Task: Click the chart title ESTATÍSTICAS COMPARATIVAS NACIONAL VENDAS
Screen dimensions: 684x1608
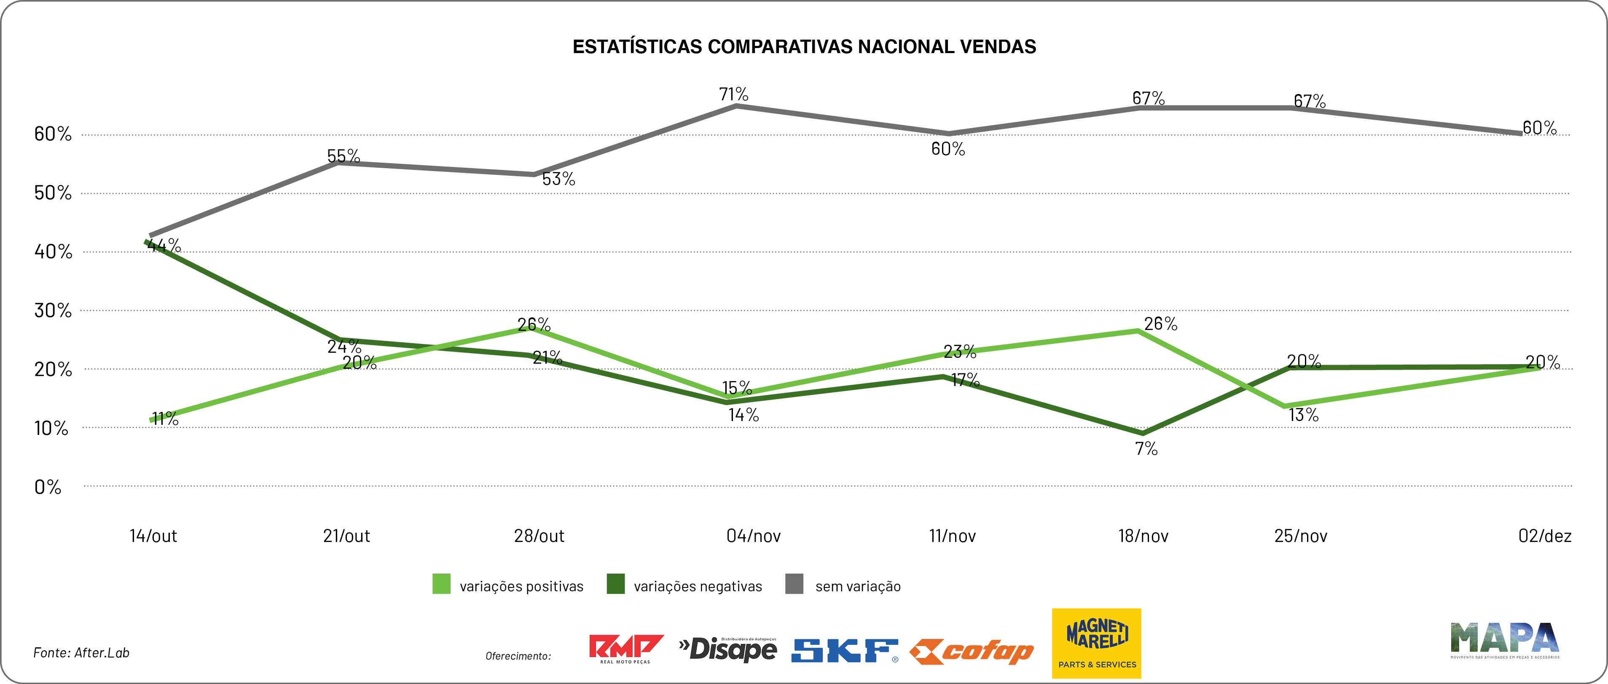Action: tap(804, 47)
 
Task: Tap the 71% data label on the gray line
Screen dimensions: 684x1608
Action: tap(733, 94)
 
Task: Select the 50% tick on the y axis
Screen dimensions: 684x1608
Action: tap(53, 193)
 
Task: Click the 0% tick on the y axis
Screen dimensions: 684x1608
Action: tap(48, 487)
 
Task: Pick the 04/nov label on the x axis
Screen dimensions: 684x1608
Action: tap(754, 536)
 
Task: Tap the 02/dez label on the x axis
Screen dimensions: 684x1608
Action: tap(1545, 536)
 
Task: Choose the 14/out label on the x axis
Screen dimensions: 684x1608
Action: tap(153, 536)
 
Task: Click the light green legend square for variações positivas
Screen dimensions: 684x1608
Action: tap(441, 584)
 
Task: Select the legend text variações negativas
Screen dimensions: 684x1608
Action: tap(698, 587)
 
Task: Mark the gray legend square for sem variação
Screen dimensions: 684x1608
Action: tap(794, 584)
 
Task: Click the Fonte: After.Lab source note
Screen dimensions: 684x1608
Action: tap(81, 653)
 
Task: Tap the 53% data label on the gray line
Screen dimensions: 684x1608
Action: tap(558, 179)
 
